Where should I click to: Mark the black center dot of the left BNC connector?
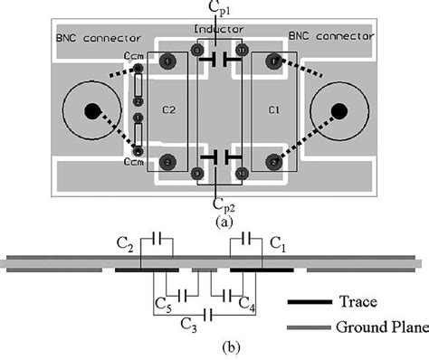tap(91, 111)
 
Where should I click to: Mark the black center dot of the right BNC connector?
tap(338, 111)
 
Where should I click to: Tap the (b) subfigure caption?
tap(212, 346)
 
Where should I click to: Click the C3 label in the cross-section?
tap(187, 321)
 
